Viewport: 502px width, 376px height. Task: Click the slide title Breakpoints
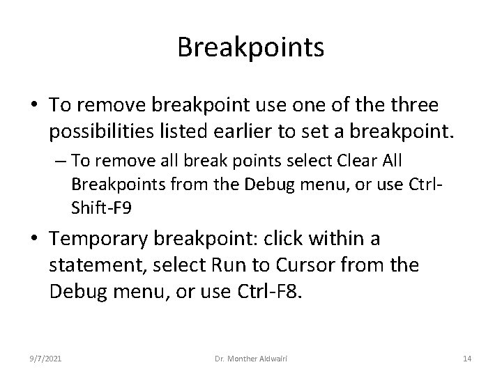point(250,47)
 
